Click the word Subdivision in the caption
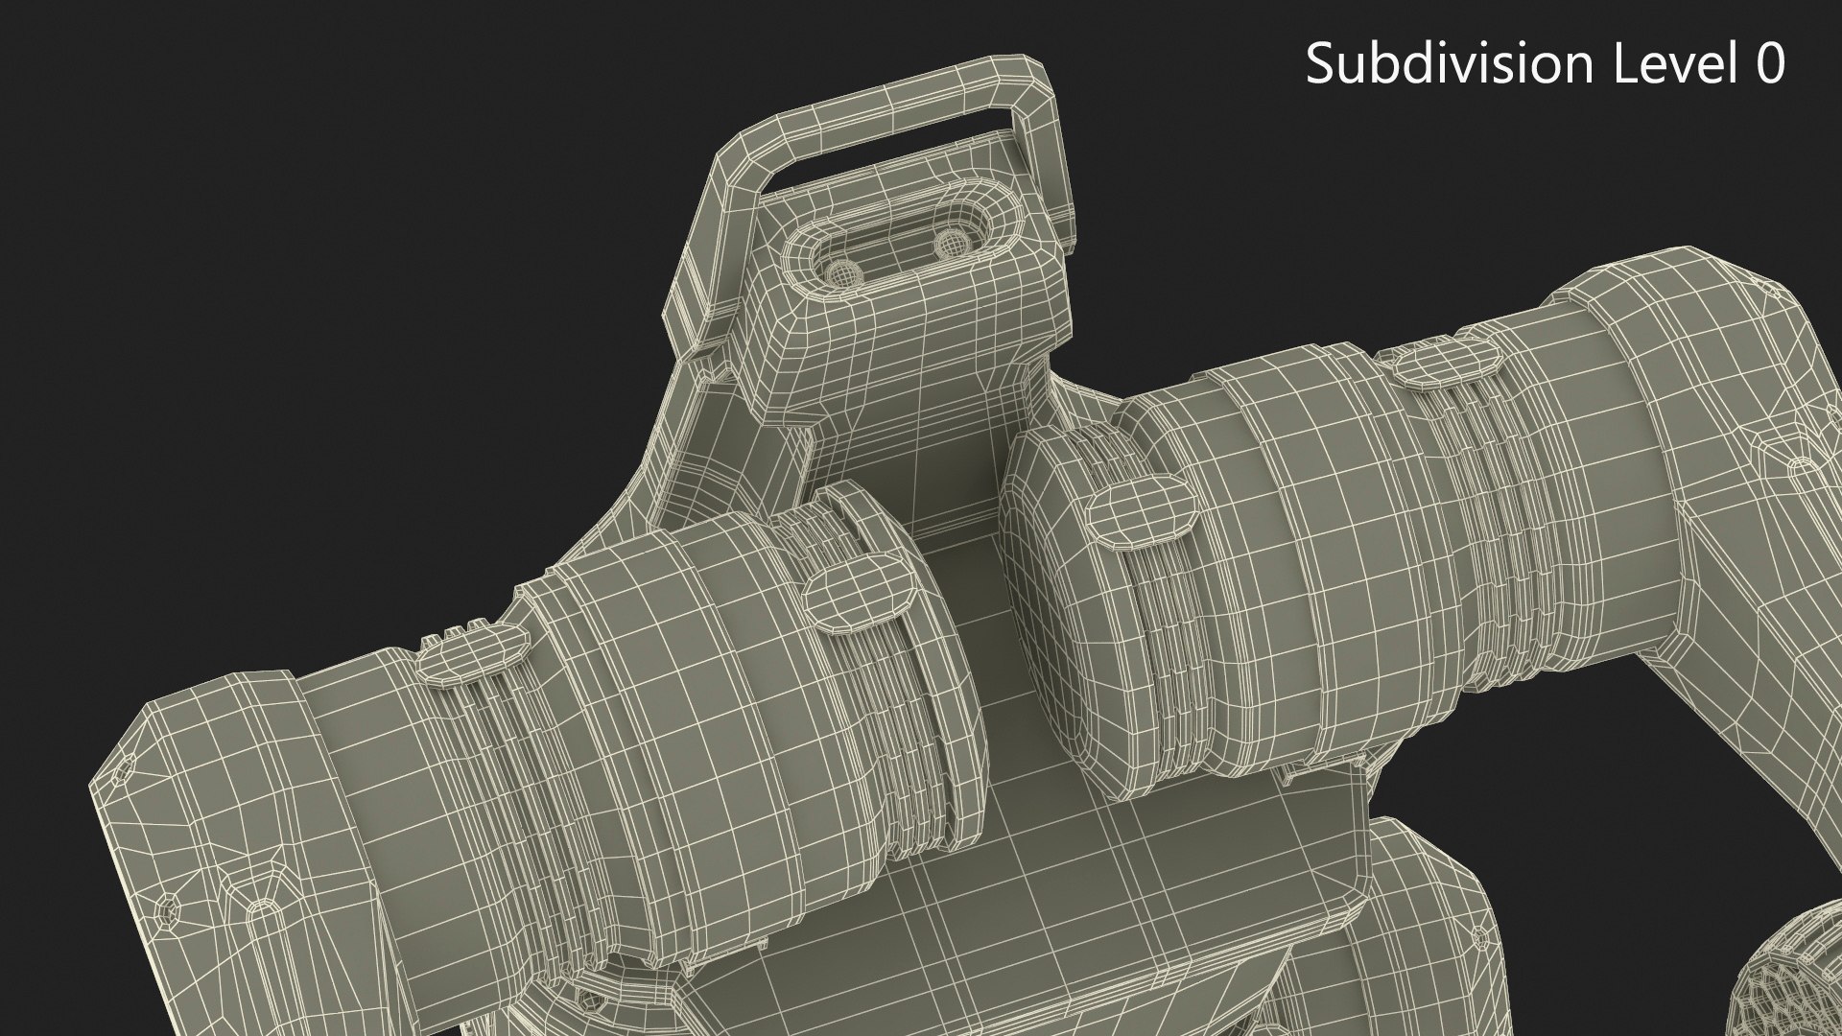[x=1446, y=64]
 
